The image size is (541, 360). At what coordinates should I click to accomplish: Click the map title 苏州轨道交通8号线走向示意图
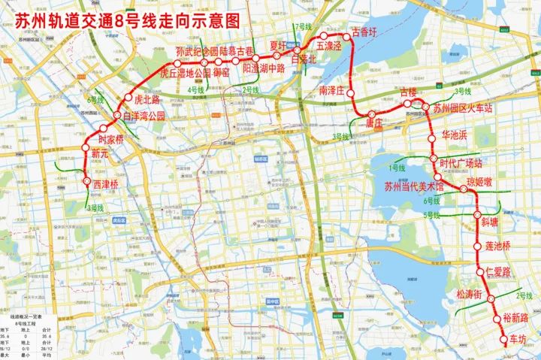128,20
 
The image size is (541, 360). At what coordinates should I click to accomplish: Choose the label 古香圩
365,34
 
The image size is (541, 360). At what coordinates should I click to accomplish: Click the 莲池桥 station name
497,246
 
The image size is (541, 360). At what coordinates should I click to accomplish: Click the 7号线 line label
303,27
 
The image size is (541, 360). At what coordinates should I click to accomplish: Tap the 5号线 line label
432,216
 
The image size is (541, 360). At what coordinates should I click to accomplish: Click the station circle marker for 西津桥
86,180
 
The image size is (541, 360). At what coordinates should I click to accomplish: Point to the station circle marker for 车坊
503,339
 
